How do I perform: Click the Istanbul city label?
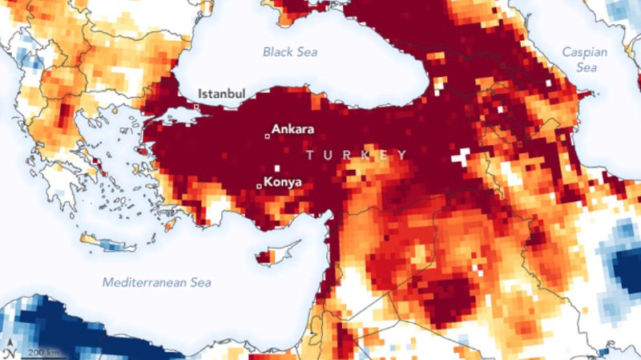click(x=221, y=94)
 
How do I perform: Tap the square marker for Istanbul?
click(x=196, y=107)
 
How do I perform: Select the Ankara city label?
click(x=294, y=128)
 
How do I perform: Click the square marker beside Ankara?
click(x=268, y=136)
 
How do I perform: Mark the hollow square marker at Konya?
click(x=258, y=186)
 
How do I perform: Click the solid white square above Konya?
click(x=277, y=168)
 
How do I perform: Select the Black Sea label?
click(x=290, y=52)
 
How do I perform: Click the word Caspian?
click(x=584, y=52)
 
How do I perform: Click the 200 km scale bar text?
click(x=41, y=353)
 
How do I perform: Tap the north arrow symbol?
click(x=9, y=350)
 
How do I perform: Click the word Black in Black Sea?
click(x=276, y=52)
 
